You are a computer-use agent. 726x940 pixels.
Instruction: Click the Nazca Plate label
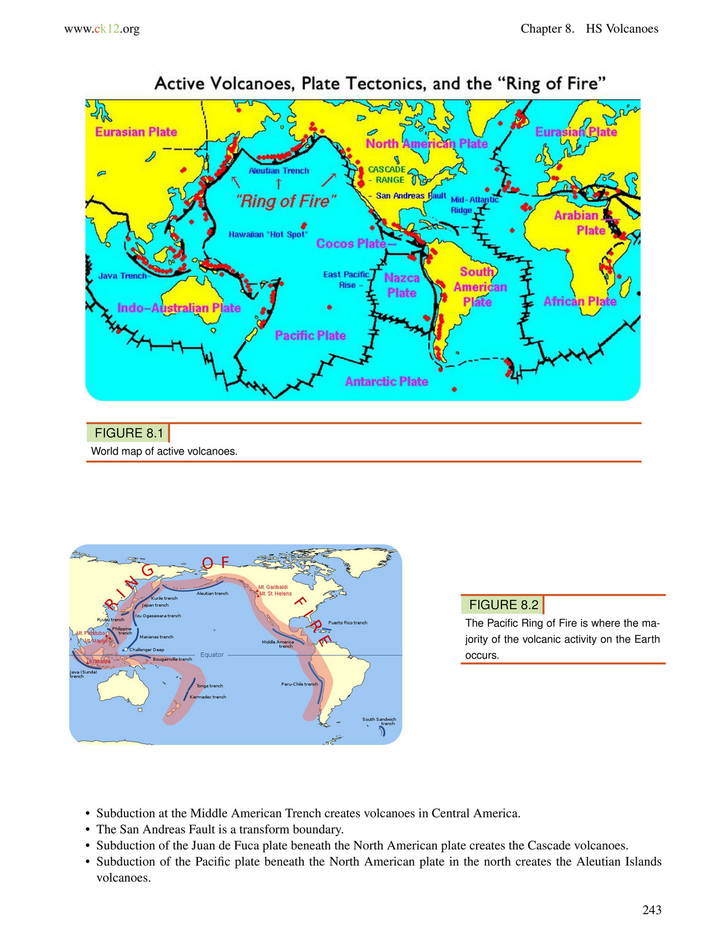402,285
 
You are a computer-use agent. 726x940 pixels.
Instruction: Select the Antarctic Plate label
386,381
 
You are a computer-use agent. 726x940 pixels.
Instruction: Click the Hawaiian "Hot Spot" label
268,235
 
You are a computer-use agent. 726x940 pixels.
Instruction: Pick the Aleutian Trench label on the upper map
279,171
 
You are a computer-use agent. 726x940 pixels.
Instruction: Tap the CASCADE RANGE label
387,175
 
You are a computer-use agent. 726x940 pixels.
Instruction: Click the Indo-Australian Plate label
179,308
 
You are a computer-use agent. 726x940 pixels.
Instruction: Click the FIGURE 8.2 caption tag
503,605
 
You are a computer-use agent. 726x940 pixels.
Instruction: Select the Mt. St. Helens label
276,594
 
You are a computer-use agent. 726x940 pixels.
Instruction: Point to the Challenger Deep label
146,650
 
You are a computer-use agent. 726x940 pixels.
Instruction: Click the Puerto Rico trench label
348,623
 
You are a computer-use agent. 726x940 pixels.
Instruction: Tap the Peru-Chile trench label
299,684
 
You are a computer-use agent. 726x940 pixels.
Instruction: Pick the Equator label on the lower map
212,655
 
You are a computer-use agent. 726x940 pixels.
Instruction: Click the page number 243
652,910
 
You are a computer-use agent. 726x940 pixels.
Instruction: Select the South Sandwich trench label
379,721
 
